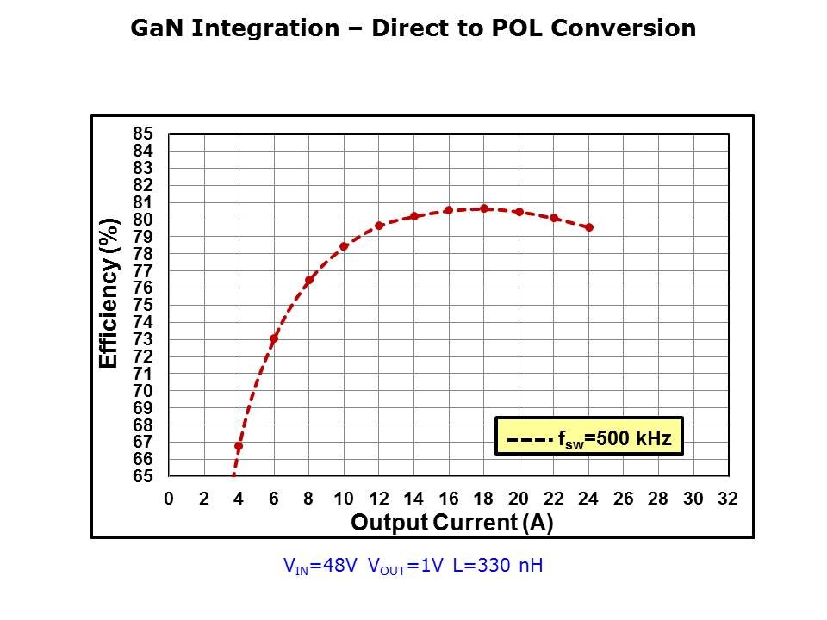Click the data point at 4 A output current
[239, 447]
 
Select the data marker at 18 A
[484, 208]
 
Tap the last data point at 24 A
[589, 227]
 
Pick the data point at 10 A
[344, 246]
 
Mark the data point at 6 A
[274, 338]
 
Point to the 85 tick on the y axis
[142, 133]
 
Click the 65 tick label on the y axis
[142, 476]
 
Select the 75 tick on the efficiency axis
[142, 305]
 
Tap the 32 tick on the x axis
[728, 499]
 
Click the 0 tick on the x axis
[169, 499]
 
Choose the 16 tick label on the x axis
[448, 499]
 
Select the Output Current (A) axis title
[452, 523]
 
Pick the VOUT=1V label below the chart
[407, 566]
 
